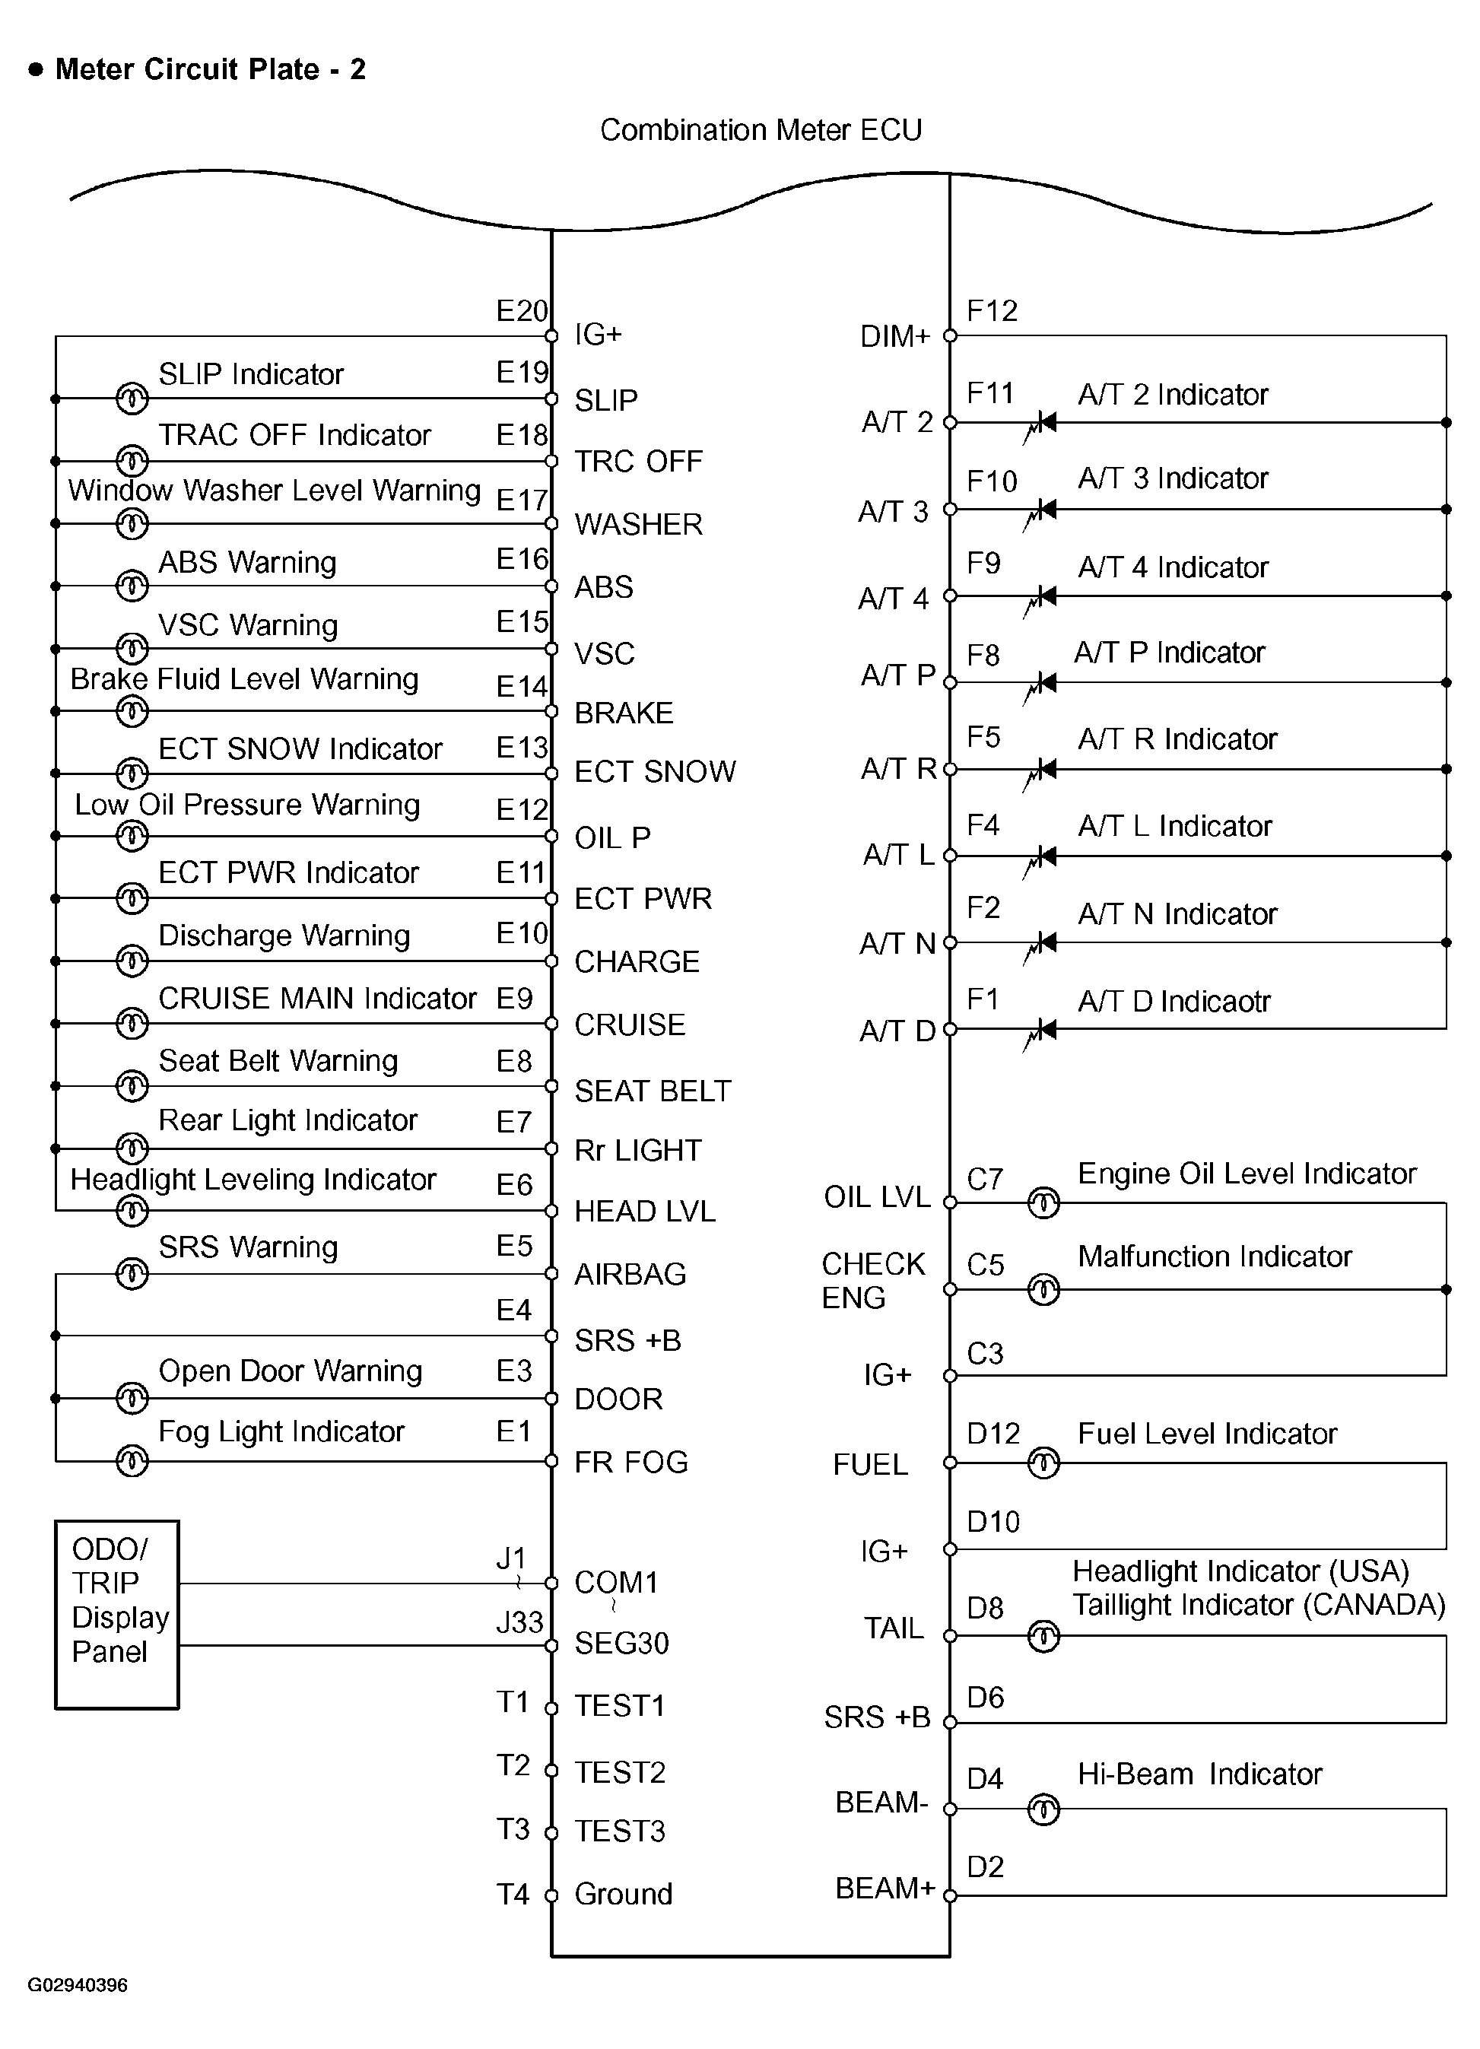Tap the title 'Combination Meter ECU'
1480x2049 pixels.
(x=761, y=130)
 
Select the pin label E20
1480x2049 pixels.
(x=521, y=311)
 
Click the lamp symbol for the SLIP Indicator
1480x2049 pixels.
(x=132, y=398)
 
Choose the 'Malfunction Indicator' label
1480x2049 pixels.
(x=1215, y=1256)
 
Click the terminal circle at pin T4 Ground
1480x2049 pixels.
(x=551, y=1895)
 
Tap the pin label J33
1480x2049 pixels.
(x=519, y=1622)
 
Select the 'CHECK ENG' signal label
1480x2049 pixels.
(x=873, y=1280)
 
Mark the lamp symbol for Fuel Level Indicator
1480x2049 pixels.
(x=1043, y=1463)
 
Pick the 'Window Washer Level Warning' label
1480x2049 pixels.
(x=274, y=491)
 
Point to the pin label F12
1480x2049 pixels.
(x=992, y=312)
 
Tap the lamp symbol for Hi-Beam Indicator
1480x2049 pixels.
(x=1043, y=1809)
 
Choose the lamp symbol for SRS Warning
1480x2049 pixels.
(x=132, y=1274)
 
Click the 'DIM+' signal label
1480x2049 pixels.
(x=894, y=337)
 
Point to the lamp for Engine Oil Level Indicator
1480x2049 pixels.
(x=1043, y=1202)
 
